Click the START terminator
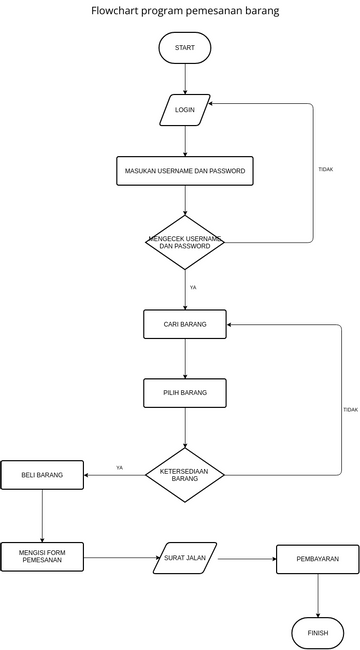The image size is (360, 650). (185, 48)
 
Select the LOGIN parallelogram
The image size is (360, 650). (185, 110)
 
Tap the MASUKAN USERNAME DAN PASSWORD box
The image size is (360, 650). (185, 171)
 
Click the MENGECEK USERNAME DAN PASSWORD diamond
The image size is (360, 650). (185, 242)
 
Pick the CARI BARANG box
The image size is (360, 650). (185, 324)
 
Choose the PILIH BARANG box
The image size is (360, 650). (185, 393)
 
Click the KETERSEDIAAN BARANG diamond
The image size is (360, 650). (185, 475)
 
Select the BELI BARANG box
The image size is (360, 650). (42, 475)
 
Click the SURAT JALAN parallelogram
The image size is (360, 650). (185, 558)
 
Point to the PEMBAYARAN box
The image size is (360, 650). (317, 559)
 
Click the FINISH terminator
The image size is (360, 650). (317, 633)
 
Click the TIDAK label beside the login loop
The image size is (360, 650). (325, 170)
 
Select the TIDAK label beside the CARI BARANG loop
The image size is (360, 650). (350, 409)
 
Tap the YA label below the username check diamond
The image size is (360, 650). (193, 287)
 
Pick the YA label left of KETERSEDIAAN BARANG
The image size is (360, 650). (119, 467)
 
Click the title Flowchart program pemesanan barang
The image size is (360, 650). (185, 11)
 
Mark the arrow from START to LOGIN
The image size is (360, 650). (185, 79)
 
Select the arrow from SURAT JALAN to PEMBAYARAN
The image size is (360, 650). (246, 559)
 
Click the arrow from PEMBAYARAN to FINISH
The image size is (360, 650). (318, 596)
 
